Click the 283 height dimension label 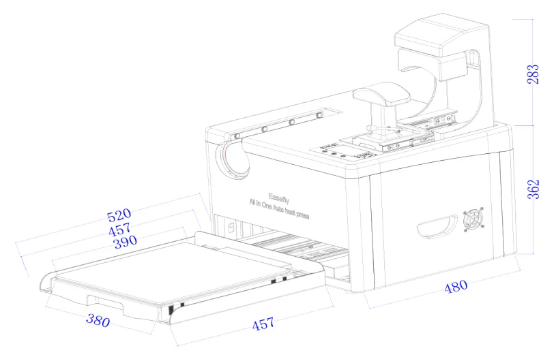click(x=533, y=74)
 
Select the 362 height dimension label click(x=533, y=189)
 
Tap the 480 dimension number click(x=456, y=286)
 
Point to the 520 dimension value click(x=119, y=215)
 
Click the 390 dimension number click(x=125, y=242)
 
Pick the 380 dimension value click(x=98, y=320)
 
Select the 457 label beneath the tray click(x=263, y=324)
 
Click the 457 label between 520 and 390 click(x=120, y=230)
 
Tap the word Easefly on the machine click(x=279, y=198)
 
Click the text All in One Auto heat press click(x=279, y=209)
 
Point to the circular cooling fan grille click(x=473, y=219)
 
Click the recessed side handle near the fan click(x=437, y=226)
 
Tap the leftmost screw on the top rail click(x=237, y=136)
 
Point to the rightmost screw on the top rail click(x=319, y=115)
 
